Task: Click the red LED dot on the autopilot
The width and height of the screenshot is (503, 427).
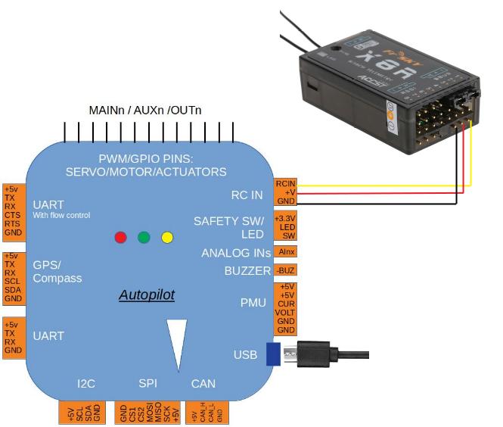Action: coord(120,238)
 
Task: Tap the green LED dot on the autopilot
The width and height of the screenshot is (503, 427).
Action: coord(144,238)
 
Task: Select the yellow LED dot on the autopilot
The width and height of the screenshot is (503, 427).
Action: coord(167,238)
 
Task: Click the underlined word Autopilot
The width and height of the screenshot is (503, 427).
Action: coord(147,295)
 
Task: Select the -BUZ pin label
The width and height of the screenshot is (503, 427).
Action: coord(285,270)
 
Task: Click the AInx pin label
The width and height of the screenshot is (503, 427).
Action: coord(286,251)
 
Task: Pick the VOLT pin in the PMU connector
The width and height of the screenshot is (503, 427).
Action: coord(285,312)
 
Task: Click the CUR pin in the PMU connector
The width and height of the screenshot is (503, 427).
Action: coord(285,304)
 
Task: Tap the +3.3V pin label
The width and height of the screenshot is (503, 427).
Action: coord(285,217)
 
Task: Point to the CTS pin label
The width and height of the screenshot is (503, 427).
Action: coord(11,214)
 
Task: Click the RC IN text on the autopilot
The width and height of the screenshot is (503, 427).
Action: coord(247,195)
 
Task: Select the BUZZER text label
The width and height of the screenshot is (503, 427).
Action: coord(247,270)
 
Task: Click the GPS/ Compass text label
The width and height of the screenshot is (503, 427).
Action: coord(57,272)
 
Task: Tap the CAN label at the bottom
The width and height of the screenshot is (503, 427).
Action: coord(203,384)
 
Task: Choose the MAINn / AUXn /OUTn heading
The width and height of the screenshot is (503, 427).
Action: coord(145,111)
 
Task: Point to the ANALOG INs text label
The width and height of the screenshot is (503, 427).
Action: coord(236,253)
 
